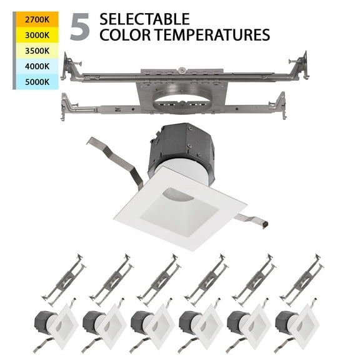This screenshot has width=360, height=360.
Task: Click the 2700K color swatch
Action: point(36,19)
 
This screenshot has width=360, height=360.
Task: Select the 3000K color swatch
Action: point(36,35)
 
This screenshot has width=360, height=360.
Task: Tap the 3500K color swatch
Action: point(36,51)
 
